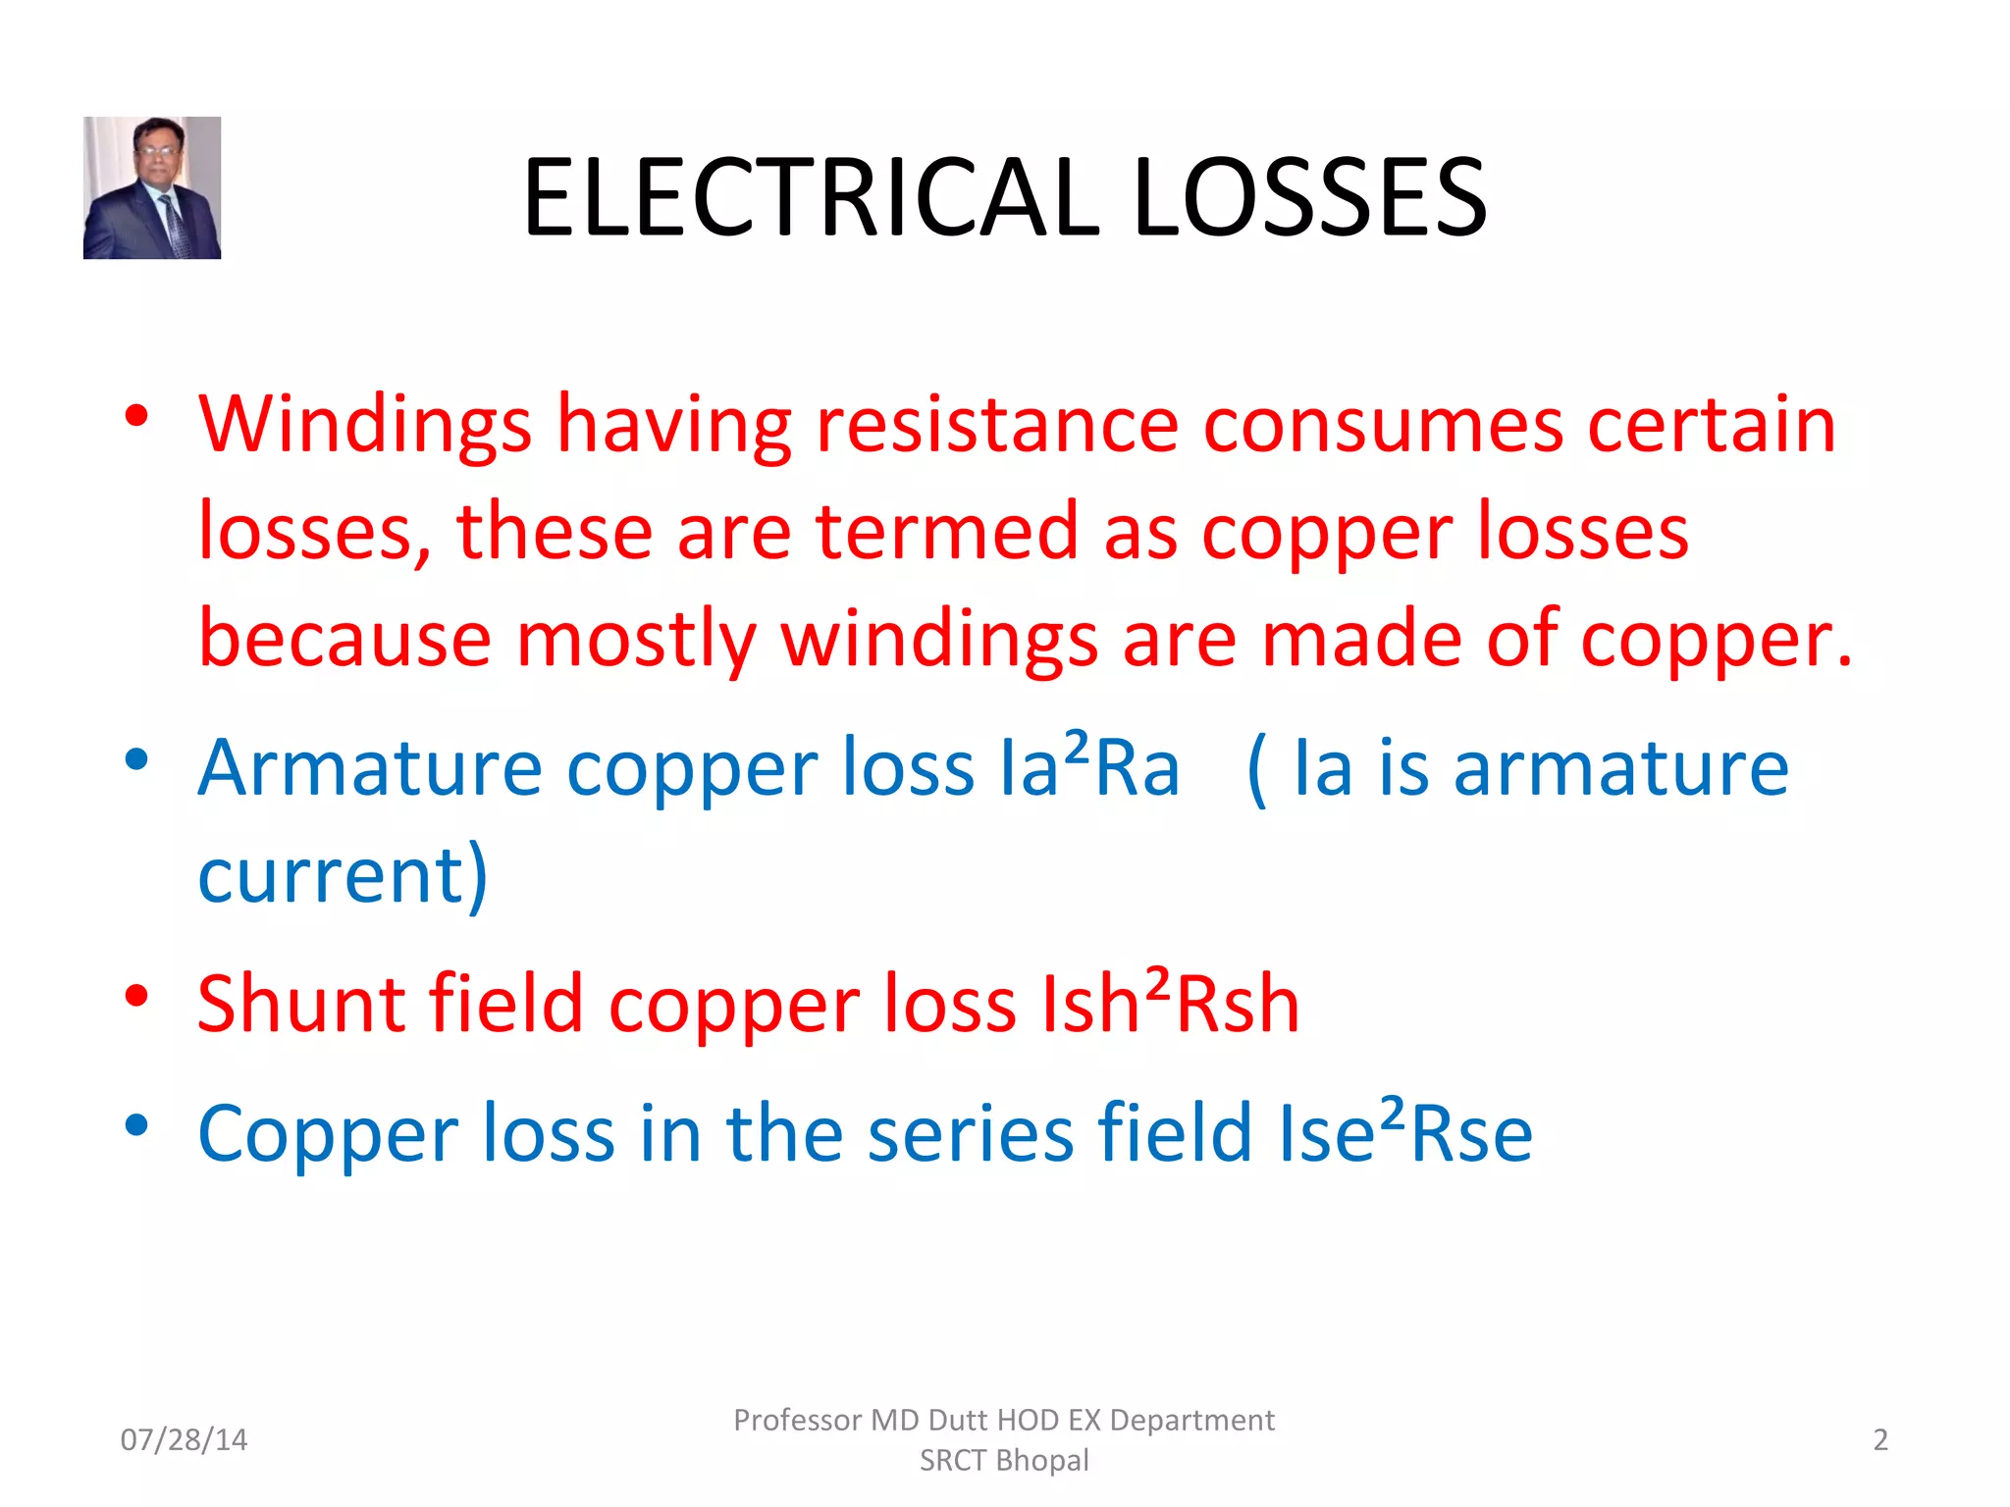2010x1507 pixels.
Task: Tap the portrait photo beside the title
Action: pos(152,187)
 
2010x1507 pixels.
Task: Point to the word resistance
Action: pos(996,425)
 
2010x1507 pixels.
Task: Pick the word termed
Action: pos(947,532)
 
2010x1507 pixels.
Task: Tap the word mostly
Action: pos(636,640)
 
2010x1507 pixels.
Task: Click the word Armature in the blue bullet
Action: pos(370,767)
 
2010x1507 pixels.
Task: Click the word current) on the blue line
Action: pos(343,874)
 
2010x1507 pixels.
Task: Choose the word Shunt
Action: pos(300,1004)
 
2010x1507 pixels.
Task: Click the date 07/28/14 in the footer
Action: pos(184,1439)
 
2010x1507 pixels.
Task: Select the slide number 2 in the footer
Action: pos(1879,1439)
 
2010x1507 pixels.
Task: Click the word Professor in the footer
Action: pos(797,1420)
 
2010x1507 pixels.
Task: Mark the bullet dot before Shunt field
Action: pos(136,995)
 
